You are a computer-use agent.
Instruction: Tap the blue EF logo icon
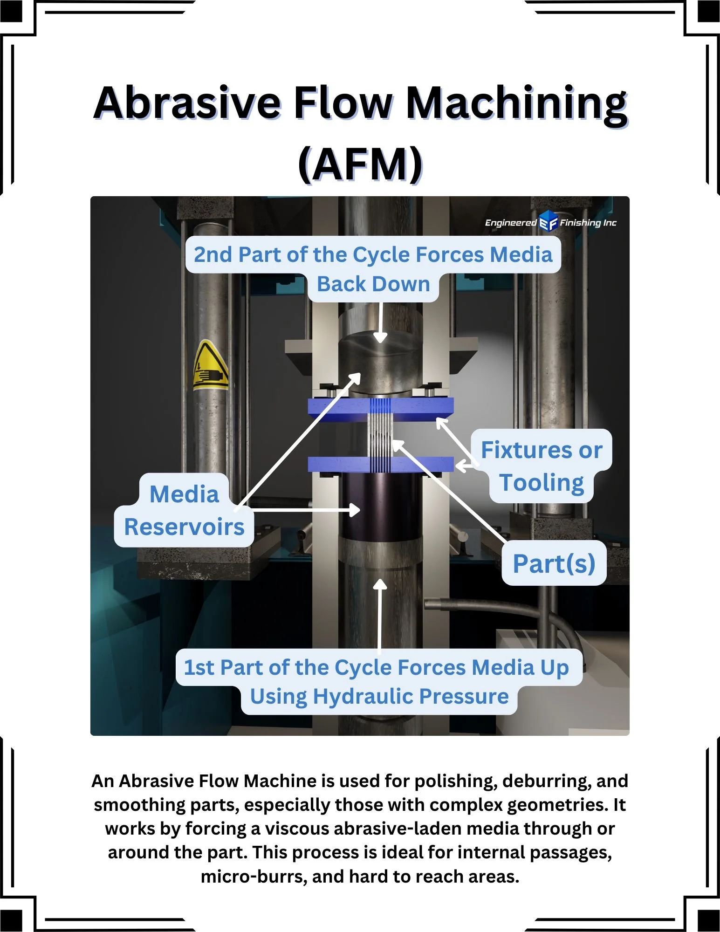(548, 221)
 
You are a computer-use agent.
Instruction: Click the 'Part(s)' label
(554, 563)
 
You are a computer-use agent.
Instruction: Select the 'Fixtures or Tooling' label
(542, 466)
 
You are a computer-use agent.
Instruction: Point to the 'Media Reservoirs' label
(184, 511)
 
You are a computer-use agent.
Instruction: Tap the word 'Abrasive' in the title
(186, 103)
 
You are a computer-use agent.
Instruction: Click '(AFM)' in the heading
(360, 164)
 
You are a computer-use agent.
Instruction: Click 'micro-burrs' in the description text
(254, 877)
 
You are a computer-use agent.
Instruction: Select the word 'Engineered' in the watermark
(511, 223)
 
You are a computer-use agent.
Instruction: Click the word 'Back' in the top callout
(341, 284)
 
